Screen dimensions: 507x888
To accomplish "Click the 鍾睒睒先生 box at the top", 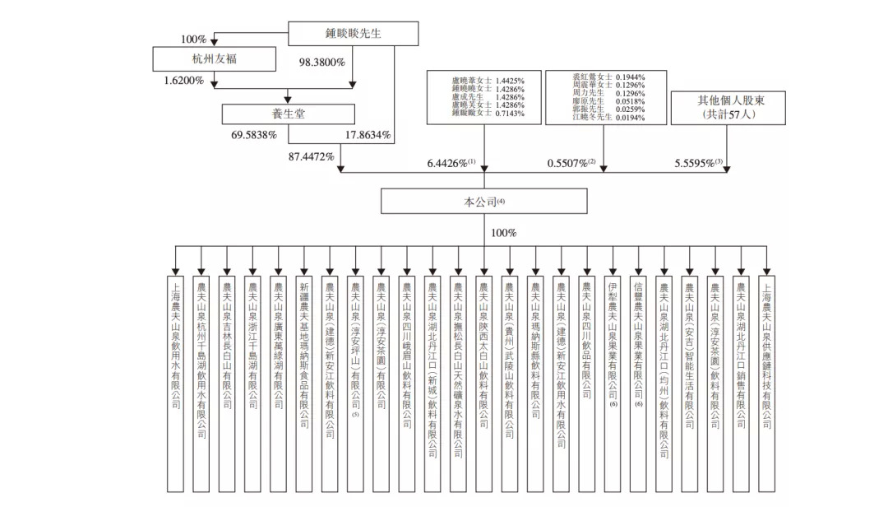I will pos(342,35).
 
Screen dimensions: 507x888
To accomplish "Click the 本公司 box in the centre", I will pos(483,202).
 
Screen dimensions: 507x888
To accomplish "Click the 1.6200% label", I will pos(184,81).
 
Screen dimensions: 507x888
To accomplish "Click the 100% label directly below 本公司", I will pos(503,233).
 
